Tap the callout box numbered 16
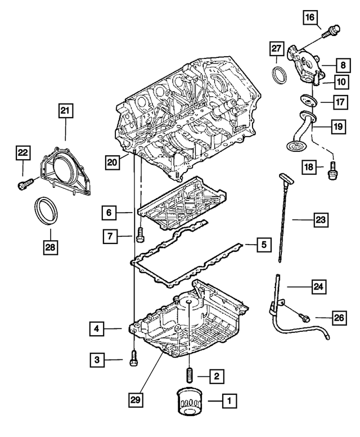click(x=310, y=18)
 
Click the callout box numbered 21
click(x=65, y=112)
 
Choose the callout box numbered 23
click(x=320, y=220)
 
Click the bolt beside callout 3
click(x=133, y=358)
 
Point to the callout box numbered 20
click(x=113, y=163)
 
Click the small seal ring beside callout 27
click(x=279, y=74)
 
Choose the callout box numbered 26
click(x=338, y=319)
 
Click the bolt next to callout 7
click(x=138, y=236)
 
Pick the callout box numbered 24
click(x=319, y=287)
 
